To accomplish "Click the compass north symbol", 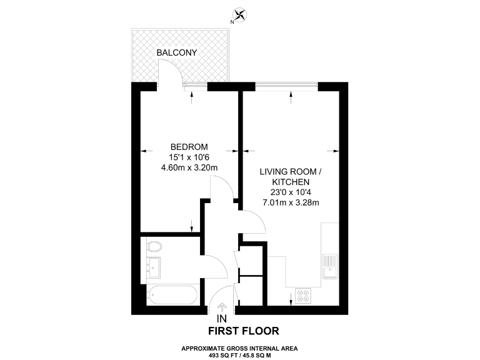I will [x=239, y=15].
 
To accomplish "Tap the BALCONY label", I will [x=177, y=53].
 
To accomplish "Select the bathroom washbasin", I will [x=152, y=267].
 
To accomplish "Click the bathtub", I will [x=171, y=294].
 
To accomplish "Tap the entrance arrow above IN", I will [x=222, y=307].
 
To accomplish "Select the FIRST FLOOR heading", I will [x=243, y=331].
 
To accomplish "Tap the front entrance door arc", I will [x=219, y=294].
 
